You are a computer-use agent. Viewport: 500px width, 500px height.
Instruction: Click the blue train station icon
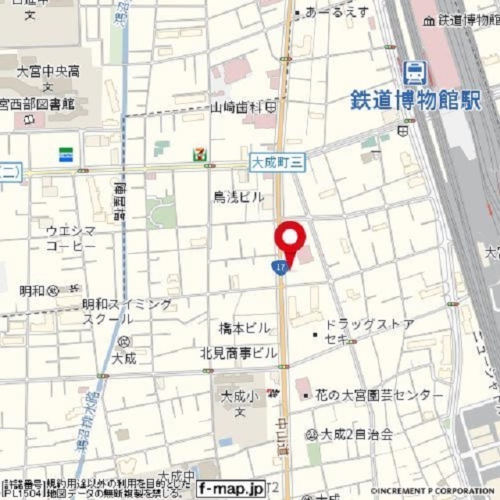(415, 73)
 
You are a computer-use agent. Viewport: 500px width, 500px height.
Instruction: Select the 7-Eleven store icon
(201, 152)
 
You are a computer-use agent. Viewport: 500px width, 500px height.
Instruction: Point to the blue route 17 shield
(280, 267)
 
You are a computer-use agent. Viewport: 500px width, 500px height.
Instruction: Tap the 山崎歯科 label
(237, 107)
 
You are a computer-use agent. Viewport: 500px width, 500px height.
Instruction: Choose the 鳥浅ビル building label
(238, 198)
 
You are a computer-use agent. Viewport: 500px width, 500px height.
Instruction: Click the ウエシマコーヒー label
(70, 238)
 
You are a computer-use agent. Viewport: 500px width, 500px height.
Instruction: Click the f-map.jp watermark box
(230, 488)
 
